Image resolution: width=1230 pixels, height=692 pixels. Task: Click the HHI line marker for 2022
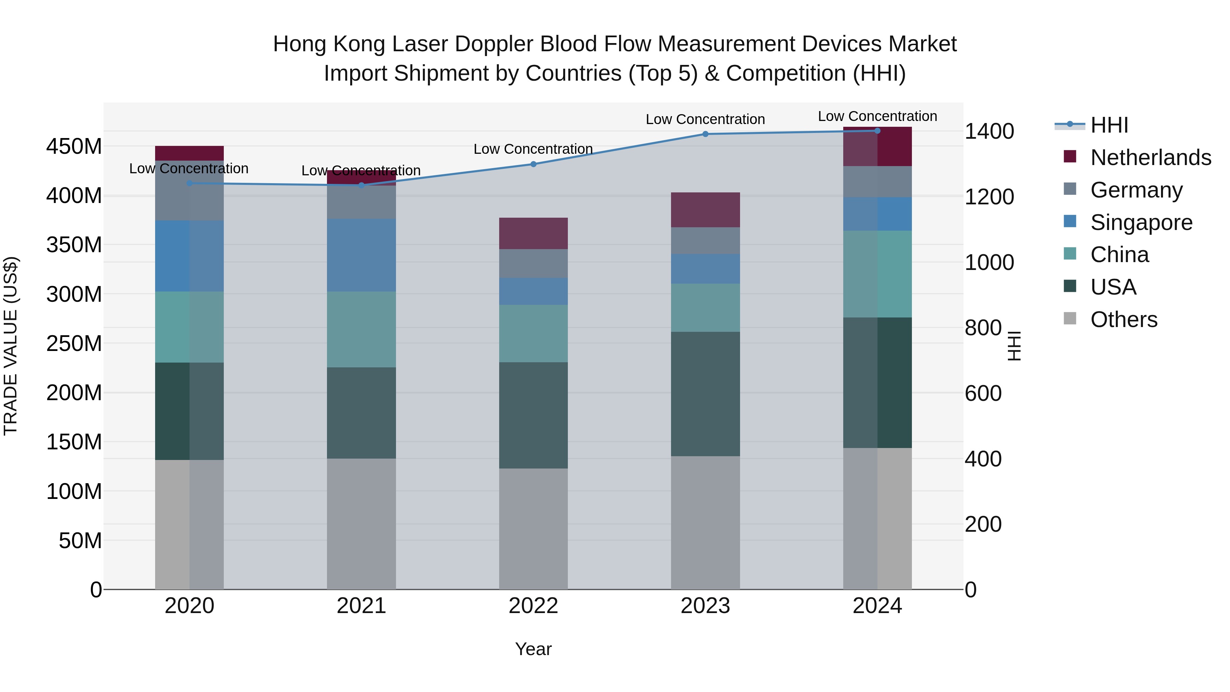(x=533, y=164)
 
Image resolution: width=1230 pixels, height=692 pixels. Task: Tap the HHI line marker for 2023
(x=705, y=134)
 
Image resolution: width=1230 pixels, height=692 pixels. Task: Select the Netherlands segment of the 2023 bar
(x=705, y=210)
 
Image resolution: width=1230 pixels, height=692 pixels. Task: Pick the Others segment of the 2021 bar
(x=361, y=524)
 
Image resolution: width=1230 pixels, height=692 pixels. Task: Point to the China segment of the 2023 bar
(x=705, y=308)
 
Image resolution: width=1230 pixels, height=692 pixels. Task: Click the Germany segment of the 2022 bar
(x=533, y=263)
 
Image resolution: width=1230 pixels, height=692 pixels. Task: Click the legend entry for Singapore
(x=1141, y=222)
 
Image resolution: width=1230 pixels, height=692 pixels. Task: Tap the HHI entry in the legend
(x=1109, y=125)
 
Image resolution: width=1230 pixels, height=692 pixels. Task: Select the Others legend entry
(x=1123, y=320)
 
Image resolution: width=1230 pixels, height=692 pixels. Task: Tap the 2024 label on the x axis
(x=877, y=606)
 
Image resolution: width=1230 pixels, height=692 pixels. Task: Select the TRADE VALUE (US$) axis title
(x=11, y=346)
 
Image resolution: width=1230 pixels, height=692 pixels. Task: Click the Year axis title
(x=533, y=649)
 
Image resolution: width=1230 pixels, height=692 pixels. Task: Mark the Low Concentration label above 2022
(x=533, y=149)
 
